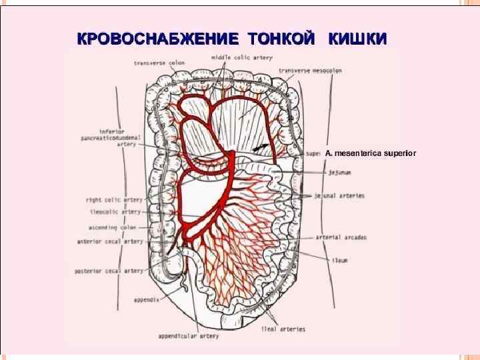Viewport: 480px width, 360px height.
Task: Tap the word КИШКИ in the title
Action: click(357, 38)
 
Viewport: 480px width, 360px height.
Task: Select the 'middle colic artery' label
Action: click(242, 58)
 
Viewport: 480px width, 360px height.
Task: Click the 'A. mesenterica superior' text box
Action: click(371, 153)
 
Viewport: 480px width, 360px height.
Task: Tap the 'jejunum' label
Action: click(339, 172)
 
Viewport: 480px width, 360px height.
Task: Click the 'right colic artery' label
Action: click(113, 199)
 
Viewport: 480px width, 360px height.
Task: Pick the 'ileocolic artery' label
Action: click(115, 212)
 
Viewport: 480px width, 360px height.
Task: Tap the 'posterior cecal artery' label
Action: click(110, 271)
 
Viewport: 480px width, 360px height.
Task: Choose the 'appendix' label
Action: click(145, 300)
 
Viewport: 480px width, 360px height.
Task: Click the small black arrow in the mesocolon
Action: click(261, 146)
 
